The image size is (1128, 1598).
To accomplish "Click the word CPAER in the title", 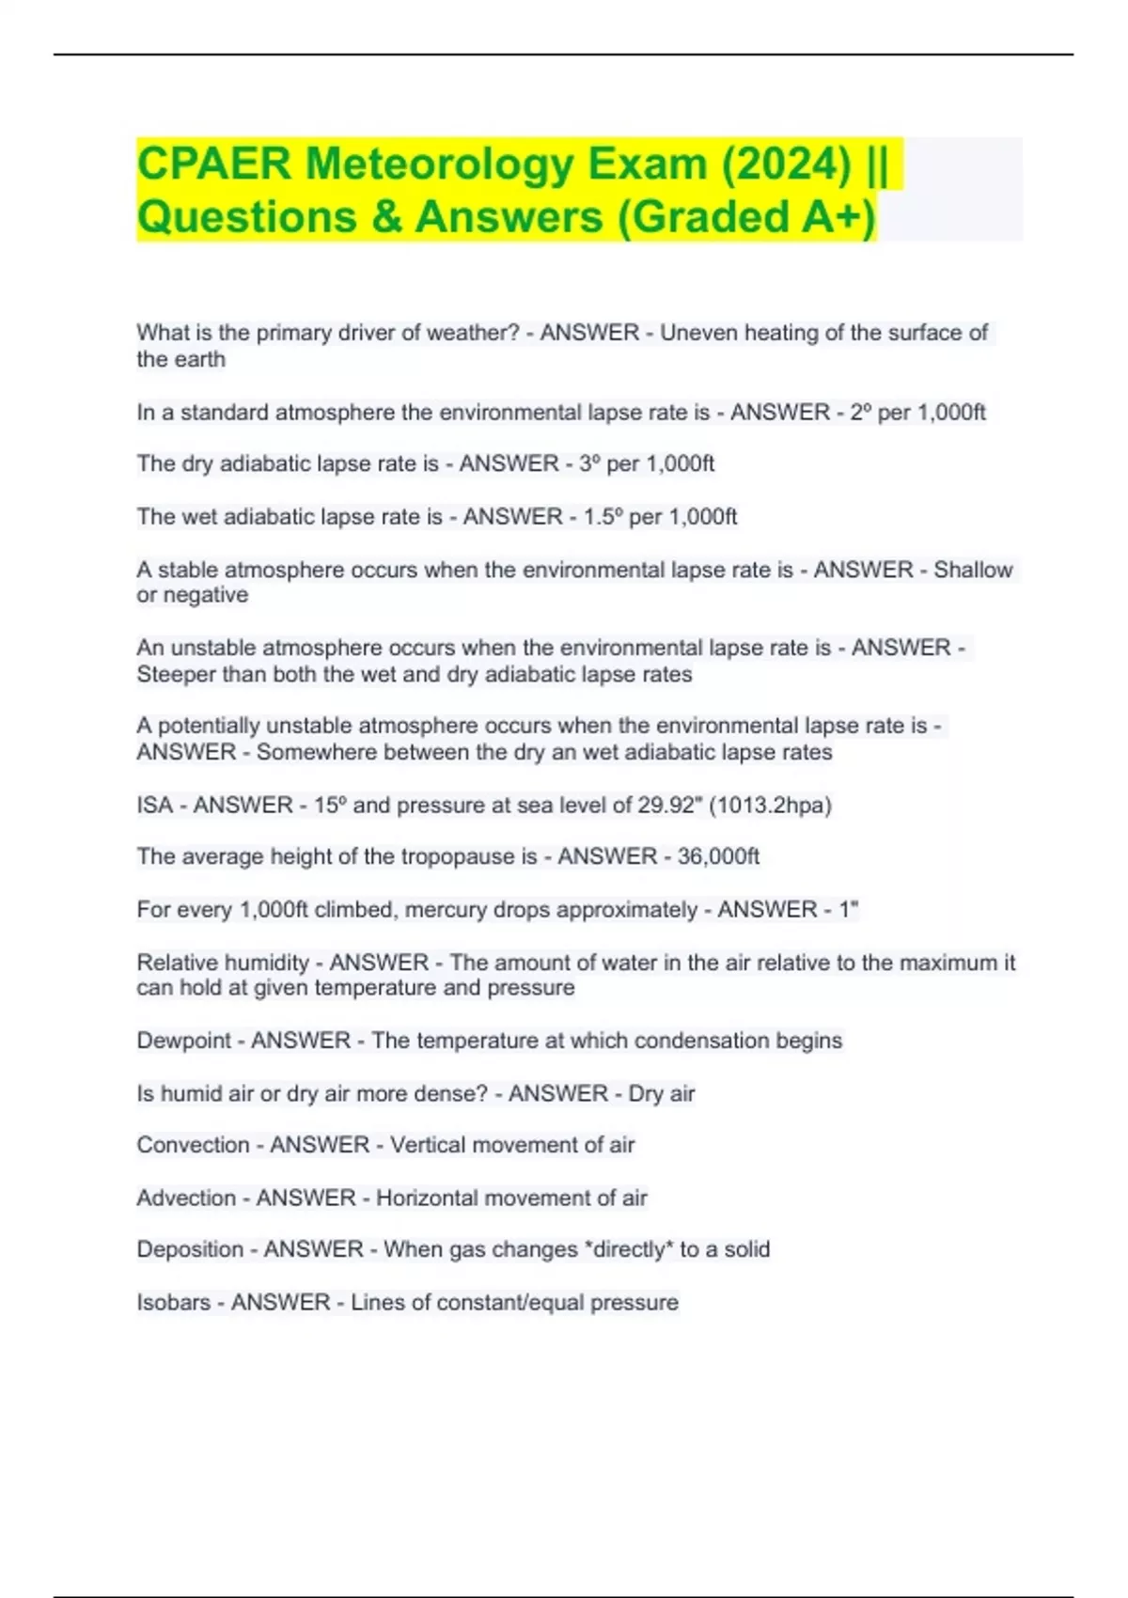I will pos(214,164).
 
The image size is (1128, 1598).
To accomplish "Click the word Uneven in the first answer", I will pos(698,333).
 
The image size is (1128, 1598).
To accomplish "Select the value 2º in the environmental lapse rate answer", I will pos(860,412).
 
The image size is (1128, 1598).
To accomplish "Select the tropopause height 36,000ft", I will pos(718,856).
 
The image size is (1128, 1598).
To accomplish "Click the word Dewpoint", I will pos(183,1041).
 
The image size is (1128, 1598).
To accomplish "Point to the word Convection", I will pos(193,1145).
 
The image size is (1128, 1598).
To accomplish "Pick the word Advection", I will pos(186,1198).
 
